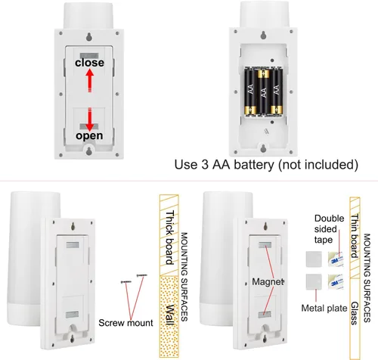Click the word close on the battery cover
[x=89, y=63]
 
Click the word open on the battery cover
[x=89, y=135]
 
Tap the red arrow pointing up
[x=90, y=81]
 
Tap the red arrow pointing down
[x=90, y=119]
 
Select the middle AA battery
[x=264, y=92]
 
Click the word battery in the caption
[x=254, y=165]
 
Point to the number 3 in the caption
[x=205, y=165]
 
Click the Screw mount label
[x=125, y=323]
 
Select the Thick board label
[x=170, y=237]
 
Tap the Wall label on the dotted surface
[x=170, y=315]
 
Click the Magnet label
[x=268, y=281]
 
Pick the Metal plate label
[x=324, y=308]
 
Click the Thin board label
[x=355, y=236]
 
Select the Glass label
[x=355, y=313]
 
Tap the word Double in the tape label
[x=329, y=219]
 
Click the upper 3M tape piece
[x=336, y=259]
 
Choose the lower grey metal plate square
[x=314, y=282]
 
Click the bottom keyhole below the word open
[x=89, y=151]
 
